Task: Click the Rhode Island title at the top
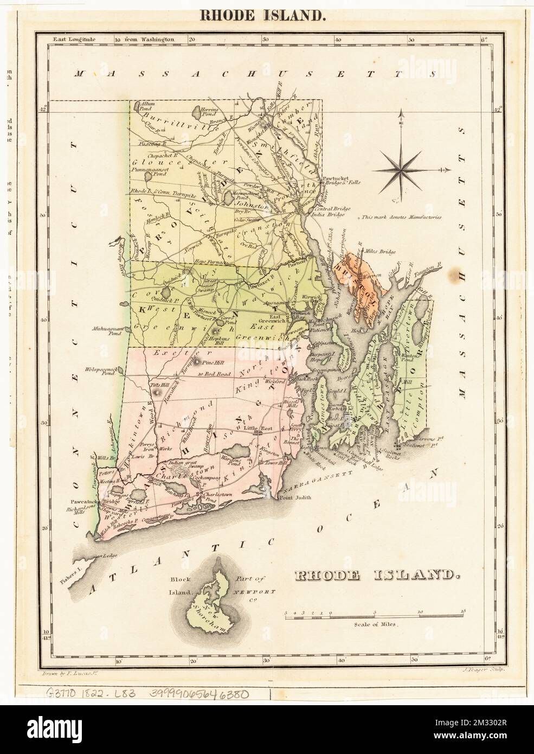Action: (264, 15)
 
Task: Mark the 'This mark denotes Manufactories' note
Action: (401, 217)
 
